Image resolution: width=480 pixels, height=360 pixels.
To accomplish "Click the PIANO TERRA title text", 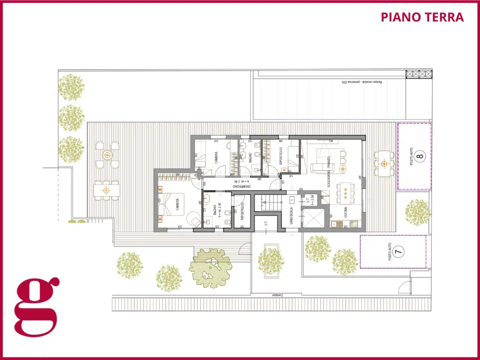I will (422, 17).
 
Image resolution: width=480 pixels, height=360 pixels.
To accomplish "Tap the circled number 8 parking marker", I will (420, 156).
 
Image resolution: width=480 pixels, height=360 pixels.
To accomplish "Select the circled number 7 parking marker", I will (398, 252).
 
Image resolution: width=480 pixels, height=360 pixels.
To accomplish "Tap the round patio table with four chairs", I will (106, 155).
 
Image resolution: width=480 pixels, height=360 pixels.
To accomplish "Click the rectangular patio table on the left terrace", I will (106, 190).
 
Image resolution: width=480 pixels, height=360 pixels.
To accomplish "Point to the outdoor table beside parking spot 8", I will (383, 163).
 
